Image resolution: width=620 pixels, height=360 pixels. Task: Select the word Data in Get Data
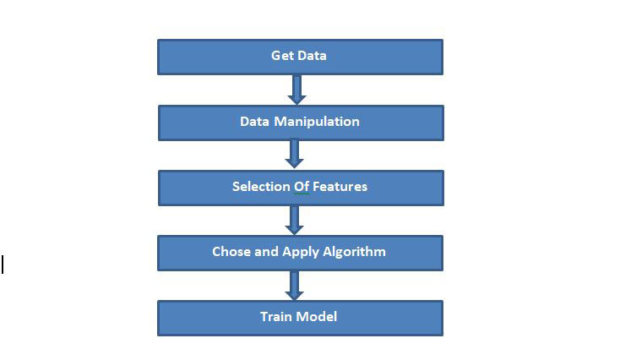point(312,56)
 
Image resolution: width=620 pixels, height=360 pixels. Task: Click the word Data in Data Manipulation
point(254,122)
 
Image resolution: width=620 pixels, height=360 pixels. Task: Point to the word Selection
point(260,187)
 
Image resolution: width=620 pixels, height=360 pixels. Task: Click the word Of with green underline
point(302,187)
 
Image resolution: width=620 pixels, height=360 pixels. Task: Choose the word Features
point(340,187)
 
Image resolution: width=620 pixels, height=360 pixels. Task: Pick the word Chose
point(231,252)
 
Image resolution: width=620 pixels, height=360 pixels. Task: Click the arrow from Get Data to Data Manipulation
point(295,89)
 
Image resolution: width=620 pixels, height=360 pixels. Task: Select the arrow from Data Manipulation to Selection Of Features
point(295,154)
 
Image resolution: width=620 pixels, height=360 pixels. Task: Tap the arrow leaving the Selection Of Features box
point(295,219)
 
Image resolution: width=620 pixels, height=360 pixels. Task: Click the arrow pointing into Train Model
point(295,285)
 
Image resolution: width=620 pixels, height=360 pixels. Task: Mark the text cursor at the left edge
point(3,265)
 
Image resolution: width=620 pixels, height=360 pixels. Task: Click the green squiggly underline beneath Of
point(302,194)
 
